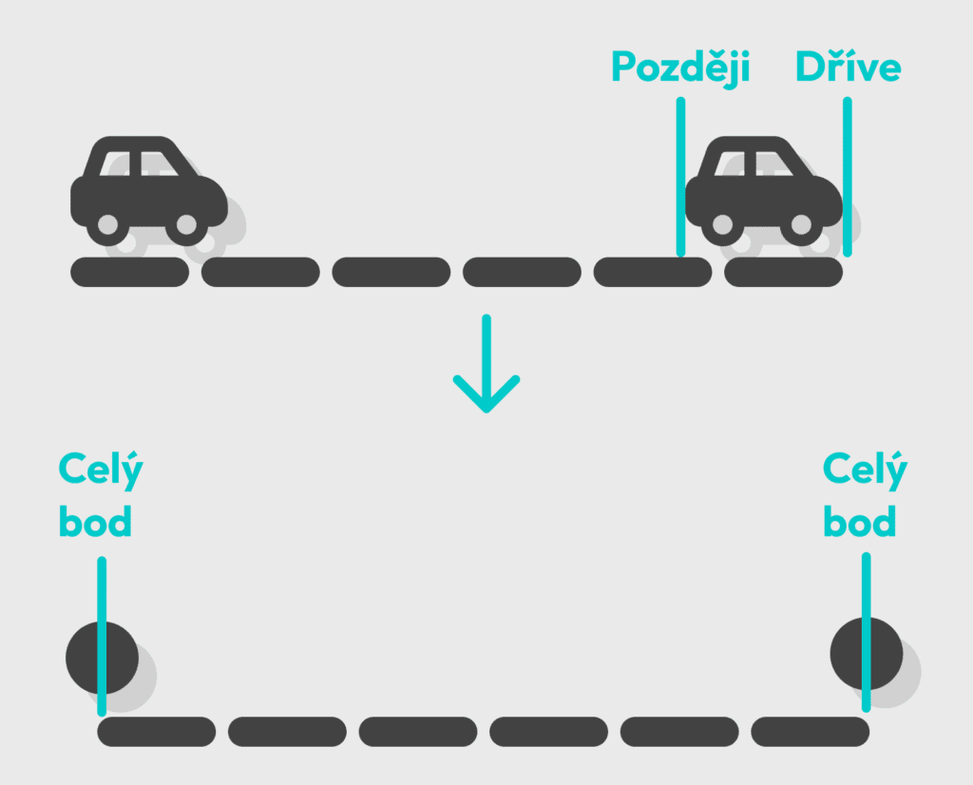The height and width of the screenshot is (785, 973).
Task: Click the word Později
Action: [680, 67]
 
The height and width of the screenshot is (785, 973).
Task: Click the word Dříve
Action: [848, 67]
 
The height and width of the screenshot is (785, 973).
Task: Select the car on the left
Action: [148, 190]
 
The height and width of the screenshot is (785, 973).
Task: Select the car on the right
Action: [763, 190]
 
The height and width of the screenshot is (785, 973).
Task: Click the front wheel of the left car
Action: [186, 225]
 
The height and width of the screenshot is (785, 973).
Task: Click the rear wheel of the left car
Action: [107, 225]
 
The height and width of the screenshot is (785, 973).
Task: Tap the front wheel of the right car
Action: [801, 225]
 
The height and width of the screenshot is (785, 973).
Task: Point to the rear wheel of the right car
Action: [722, 225]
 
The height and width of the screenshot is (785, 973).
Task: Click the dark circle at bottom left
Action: [102, 658]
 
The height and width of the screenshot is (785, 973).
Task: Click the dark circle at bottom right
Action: [866, 654]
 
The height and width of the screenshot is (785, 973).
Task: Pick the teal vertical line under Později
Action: [680, 176]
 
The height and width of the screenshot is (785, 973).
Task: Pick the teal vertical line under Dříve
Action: [847, 176]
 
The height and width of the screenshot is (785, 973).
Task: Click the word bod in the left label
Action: [95, 522]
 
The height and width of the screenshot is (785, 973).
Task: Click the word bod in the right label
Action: [859, 522]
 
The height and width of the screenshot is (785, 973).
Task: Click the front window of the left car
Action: [161, 163]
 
